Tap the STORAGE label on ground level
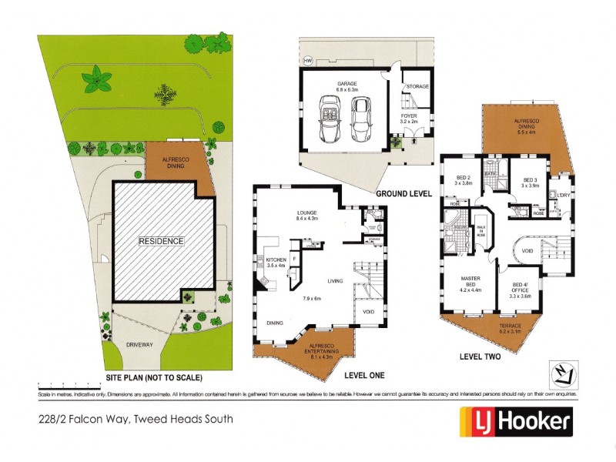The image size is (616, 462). click(x=418, y=87)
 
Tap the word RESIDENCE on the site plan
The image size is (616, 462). click(x=161, y=241)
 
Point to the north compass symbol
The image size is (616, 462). click(x=565, y=374)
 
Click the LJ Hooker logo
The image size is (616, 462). click(x=516, y=421)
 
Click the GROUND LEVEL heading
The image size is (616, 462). click(x=403, y=194)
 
